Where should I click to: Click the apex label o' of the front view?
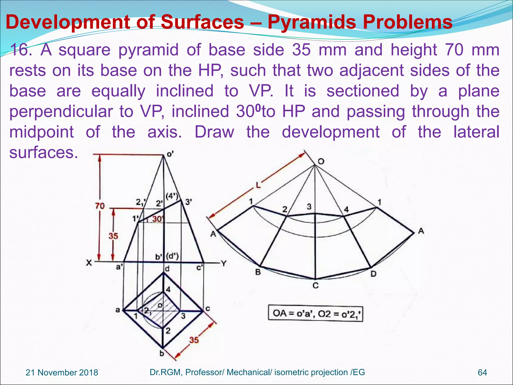tap(170, 154)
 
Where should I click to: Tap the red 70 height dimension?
tap(100, 206)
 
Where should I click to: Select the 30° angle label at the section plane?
tap(158, 219)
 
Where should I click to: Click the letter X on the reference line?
tap(89, 263)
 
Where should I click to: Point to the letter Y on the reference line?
tap(224, 263)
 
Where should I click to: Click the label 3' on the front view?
tap(188, 202)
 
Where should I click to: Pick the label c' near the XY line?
tap(199, 268)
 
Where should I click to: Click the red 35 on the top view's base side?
tap(194, 340)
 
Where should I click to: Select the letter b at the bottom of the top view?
tap(162, 354)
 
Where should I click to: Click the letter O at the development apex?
tap(321, 161)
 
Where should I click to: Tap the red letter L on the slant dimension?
tap(258, 185)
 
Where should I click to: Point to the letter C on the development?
tap(316, 285)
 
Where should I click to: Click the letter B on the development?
tap(258, 272)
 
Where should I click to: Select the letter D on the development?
tap(373, 274)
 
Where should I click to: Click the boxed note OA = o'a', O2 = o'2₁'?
tap(315, 313)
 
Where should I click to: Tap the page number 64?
tap(482, 372)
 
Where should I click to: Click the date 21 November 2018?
tap(62, 372)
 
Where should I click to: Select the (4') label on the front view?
tap(172, 196)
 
